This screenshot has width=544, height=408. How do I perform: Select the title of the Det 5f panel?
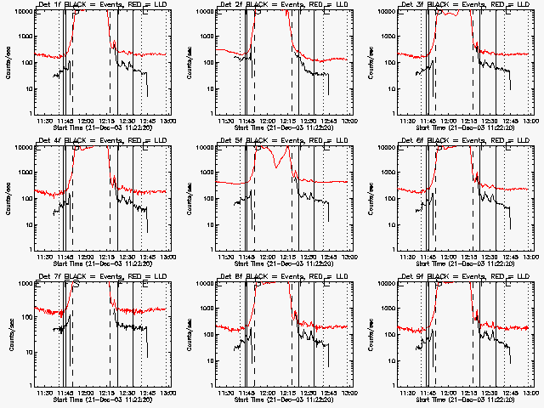(283, 140)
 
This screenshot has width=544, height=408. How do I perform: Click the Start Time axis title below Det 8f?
(282, 399)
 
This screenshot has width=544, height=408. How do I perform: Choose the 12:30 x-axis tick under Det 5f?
(310, 257)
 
